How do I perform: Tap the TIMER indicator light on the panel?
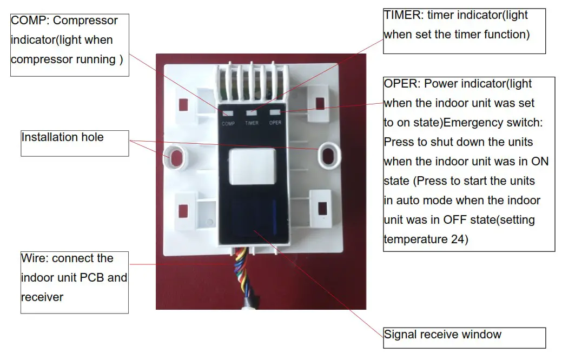point(252,113)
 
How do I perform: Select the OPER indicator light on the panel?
point(275,112)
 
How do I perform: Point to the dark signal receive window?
point(253,216)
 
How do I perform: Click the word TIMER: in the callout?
point(401,15)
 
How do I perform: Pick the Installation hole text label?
point(62,137)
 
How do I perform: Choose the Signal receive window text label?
point(442,335)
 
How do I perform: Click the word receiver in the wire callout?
point(42,297)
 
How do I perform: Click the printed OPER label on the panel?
point(275,123)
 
